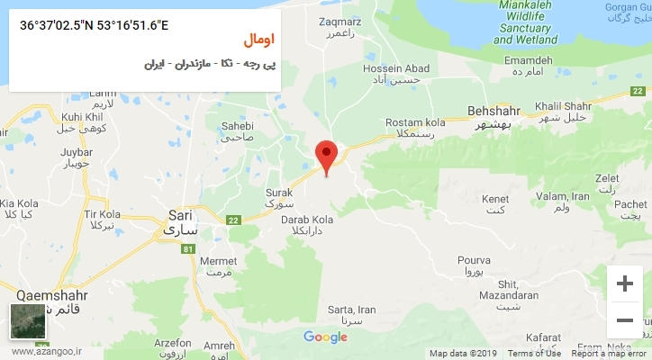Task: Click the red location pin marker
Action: [x=327, y=154]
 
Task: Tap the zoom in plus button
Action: [x=624, y=283]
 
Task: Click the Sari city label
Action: [x=181, y=215]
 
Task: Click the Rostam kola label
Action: [x=415, y=121]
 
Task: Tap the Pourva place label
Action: [x=473, y=260]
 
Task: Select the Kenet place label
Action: [x=495, y=198]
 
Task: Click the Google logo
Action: [x=325, y=337]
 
